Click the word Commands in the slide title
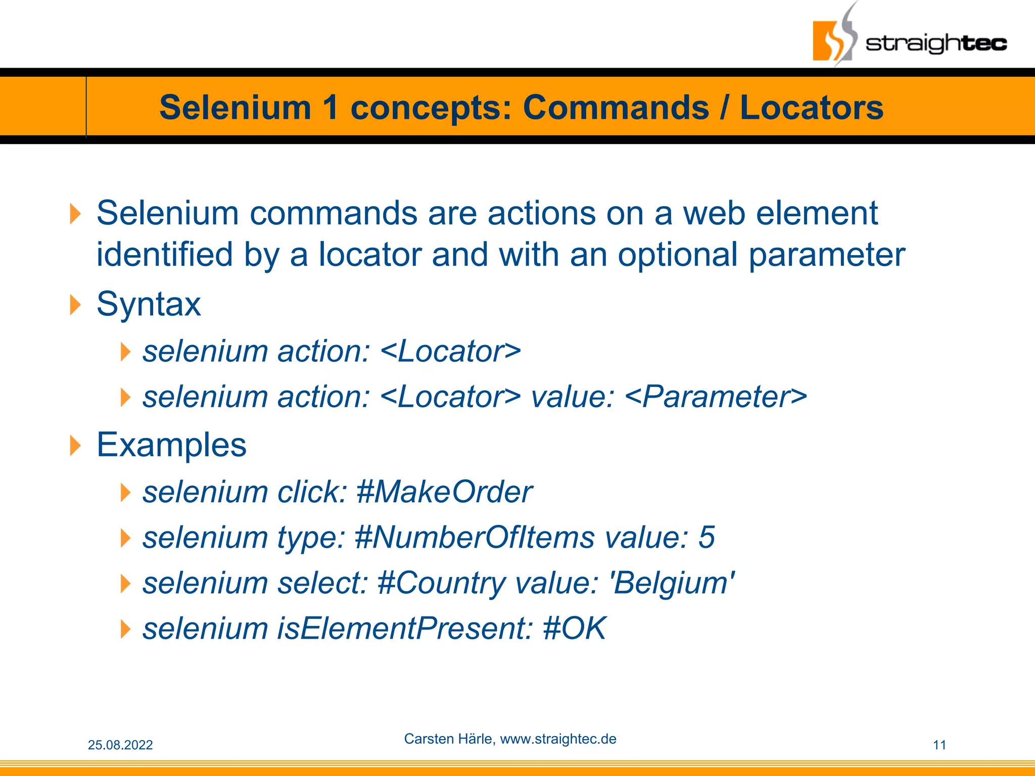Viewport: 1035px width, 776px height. coord(616,108)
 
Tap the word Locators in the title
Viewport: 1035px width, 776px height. coord(812,108)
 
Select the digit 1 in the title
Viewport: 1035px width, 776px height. coord(331,108)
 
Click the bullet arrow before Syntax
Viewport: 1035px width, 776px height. coord(75,305)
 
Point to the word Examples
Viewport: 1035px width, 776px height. coord(171,445)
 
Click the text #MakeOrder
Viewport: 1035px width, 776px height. coord(444,492)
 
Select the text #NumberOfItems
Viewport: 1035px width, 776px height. coord(475,537)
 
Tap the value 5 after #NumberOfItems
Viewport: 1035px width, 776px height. coord(707,537)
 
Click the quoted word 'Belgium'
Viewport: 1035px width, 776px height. coord(673,583)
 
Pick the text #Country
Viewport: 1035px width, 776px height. coord(441,583)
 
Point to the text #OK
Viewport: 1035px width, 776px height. coord(574,628)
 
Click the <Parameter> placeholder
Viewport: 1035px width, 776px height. coord(716,397)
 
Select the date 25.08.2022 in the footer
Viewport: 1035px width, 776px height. coord(120,745)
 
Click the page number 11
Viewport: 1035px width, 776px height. coord(939,745)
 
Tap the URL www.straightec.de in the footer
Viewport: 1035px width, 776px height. coord(558,739)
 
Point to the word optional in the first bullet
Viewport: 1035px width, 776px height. coord(678,255)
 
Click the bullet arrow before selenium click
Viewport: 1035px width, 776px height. coord(126,492)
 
